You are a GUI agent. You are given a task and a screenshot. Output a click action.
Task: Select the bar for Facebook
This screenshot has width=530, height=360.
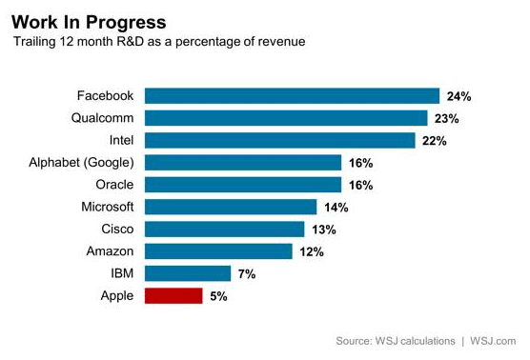click(292, 96)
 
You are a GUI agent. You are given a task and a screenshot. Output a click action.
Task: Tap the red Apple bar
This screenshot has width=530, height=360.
click(173, 296)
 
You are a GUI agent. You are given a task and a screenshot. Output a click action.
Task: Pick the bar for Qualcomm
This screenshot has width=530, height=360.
click(285, 118)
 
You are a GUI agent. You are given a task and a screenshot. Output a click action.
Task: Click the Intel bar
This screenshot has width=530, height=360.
click(279, 140)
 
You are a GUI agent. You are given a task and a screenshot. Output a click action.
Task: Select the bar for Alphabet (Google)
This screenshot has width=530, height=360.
click(242, 163)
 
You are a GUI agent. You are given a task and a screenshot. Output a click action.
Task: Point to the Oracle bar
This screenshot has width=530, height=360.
click(242, 185)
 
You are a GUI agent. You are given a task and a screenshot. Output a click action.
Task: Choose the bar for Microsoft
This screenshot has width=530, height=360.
click(230, 207)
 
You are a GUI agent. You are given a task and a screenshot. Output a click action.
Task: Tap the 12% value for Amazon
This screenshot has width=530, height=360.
click(312, 252)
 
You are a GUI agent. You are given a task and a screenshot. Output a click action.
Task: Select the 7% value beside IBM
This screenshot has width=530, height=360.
click(246, 274)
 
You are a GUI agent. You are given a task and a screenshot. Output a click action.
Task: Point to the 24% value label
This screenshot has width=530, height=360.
click(459, 96)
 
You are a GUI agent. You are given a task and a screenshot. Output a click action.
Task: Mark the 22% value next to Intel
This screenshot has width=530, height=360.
click(435, 141)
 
